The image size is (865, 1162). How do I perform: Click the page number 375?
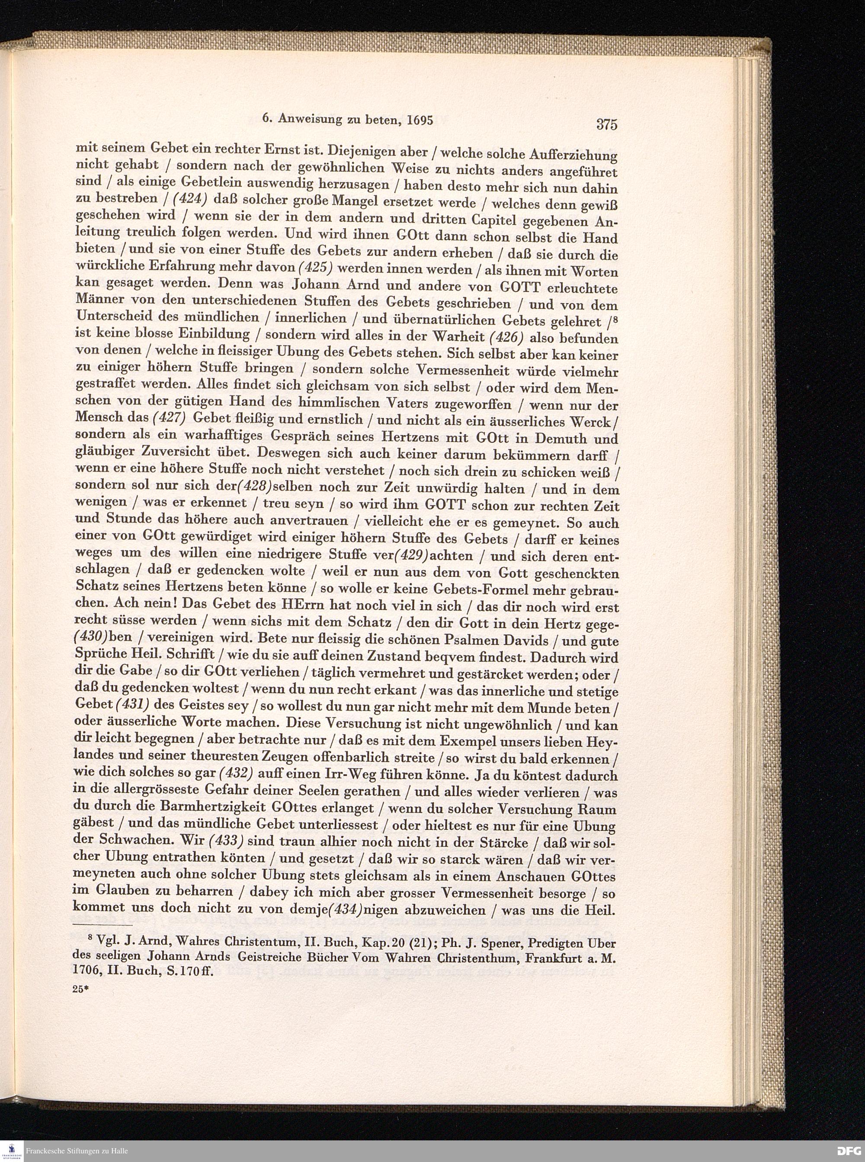(607, 124)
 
